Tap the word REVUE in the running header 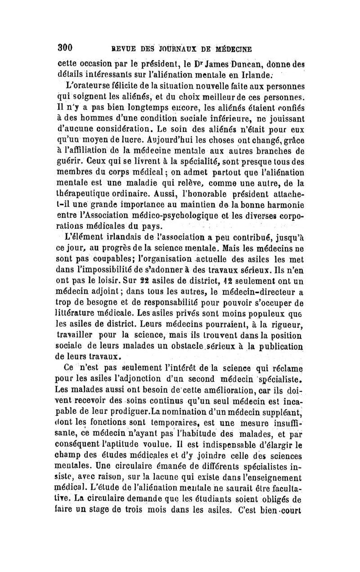click(117, 48)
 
